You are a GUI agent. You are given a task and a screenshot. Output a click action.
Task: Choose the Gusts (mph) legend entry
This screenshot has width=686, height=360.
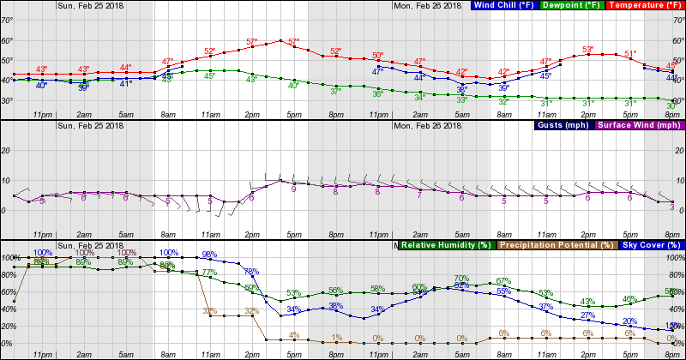coord(563,126)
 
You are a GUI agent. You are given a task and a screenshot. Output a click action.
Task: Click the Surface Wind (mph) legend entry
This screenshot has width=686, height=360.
coord(635,126)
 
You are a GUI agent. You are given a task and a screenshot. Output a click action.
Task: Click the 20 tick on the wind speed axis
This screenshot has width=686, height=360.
coord(6,149)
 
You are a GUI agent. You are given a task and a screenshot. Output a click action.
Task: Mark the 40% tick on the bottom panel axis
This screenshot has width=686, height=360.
coord(6,326)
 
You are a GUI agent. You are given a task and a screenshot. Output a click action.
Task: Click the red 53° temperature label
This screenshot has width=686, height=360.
coord(588,50)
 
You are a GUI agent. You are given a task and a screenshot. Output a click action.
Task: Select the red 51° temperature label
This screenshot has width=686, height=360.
coord(630,53)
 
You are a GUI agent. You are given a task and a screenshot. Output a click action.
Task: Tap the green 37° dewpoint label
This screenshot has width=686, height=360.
coord(336,89)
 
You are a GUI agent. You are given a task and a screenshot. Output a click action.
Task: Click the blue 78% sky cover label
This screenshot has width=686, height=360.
coord(251,272)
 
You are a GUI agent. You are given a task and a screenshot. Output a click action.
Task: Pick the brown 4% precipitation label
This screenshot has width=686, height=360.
coord(293,334)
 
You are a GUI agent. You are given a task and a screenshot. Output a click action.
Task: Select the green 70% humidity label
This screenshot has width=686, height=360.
coord(461,278)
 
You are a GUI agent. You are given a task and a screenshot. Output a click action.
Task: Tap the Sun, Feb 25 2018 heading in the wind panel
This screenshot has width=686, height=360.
coord(91,126)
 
